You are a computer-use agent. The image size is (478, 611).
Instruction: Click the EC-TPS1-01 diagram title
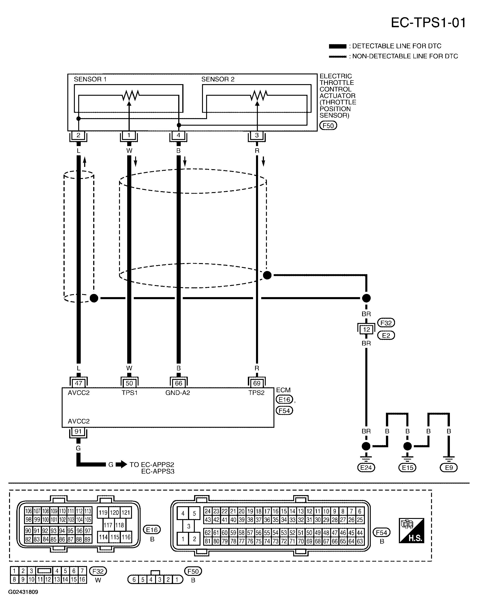pos(428,23)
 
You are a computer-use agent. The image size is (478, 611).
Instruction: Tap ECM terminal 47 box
pos(79,383)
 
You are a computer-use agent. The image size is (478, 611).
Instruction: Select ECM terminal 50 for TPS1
pos(129,383)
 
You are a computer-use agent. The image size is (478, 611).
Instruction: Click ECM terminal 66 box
pos(178,383)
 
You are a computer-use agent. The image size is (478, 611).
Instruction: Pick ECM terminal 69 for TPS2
pos(257,383)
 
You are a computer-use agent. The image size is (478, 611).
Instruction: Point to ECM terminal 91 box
pos(78,431)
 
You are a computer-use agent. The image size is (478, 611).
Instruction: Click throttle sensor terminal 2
pos(78,135)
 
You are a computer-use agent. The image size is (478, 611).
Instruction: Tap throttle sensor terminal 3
pos(257,135)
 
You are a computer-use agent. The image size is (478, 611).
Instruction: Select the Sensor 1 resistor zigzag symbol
pos(130,95)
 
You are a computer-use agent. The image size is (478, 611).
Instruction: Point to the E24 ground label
pos(366,468)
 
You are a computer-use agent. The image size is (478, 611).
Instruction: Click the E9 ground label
pos(449,468)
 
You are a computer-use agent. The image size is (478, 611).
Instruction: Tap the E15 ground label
pos(407,468)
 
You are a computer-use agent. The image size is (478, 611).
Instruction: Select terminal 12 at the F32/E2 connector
pos(366,330)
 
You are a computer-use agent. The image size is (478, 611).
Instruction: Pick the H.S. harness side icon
pos(411,535)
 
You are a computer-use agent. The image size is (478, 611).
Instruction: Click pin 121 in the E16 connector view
pos(126,513)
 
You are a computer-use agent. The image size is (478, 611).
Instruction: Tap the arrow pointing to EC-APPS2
pos(121,465)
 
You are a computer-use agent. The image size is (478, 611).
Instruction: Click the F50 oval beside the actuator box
pos(328,126)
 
